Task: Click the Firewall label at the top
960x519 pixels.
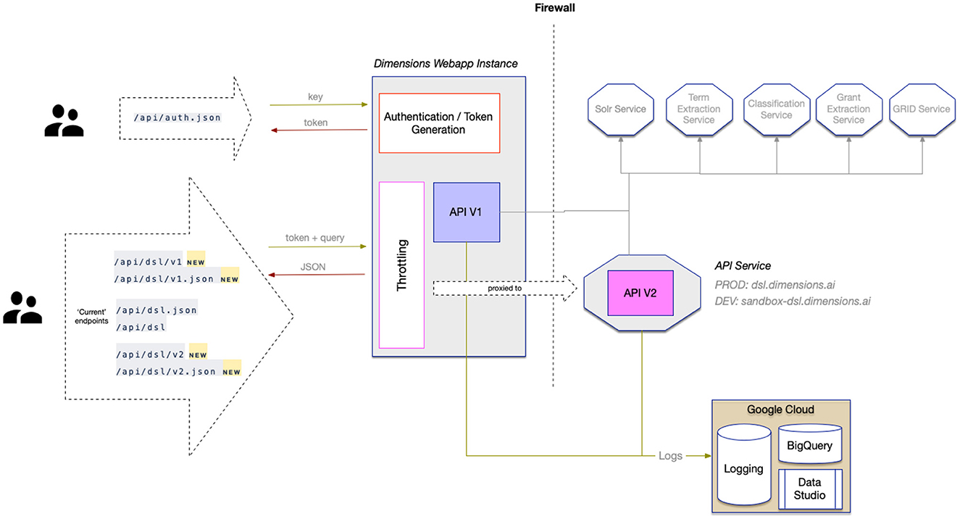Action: pyautogui.click(x=554, y=8)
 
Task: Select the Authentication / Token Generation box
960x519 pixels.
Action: pyautogui.click(x=439, y=123)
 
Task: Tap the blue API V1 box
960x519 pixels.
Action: pyautogui.click(x=467, y=212)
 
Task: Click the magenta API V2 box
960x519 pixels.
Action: pyautogui.click(x=640, y=293)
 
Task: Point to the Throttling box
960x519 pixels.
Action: pyautogui.click(x=401, y=265)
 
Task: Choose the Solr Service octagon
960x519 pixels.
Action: pyautogui.click(x=621, y=109)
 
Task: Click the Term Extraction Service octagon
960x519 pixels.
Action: pyautogui.click(x=699, y=109)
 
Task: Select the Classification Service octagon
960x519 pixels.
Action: pyautogui.click(x=777, y=109)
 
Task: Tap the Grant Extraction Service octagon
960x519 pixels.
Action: pyautogui.click(x=849, y=109)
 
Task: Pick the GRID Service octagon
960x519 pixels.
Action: pyautogui.click(x=922, y=109)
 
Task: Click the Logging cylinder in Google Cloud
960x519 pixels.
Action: pyautogui.click(x=744, y=465)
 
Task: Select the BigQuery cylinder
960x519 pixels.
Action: pyautogui.click(x=810, y=444)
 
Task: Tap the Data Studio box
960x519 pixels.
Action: pyautogui.click(x=810, y=489)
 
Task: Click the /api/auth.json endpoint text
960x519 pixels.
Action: pyautogui.click(x=178, y=117)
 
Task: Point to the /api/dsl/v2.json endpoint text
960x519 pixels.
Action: pyautogui.click(x=166, y=371)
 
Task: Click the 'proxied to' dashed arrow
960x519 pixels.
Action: pyautogui.click(x=505, y=288)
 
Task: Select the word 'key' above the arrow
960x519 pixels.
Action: pyautogui.click(x=315, y=97)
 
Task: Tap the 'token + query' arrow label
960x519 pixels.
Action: pyautogui.click(x=315, y=238)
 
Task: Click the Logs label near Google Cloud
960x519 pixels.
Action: pyautogui.click(x=670, y=455)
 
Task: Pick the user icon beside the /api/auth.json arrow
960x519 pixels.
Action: pyautogui.click(x=64, y=121)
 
